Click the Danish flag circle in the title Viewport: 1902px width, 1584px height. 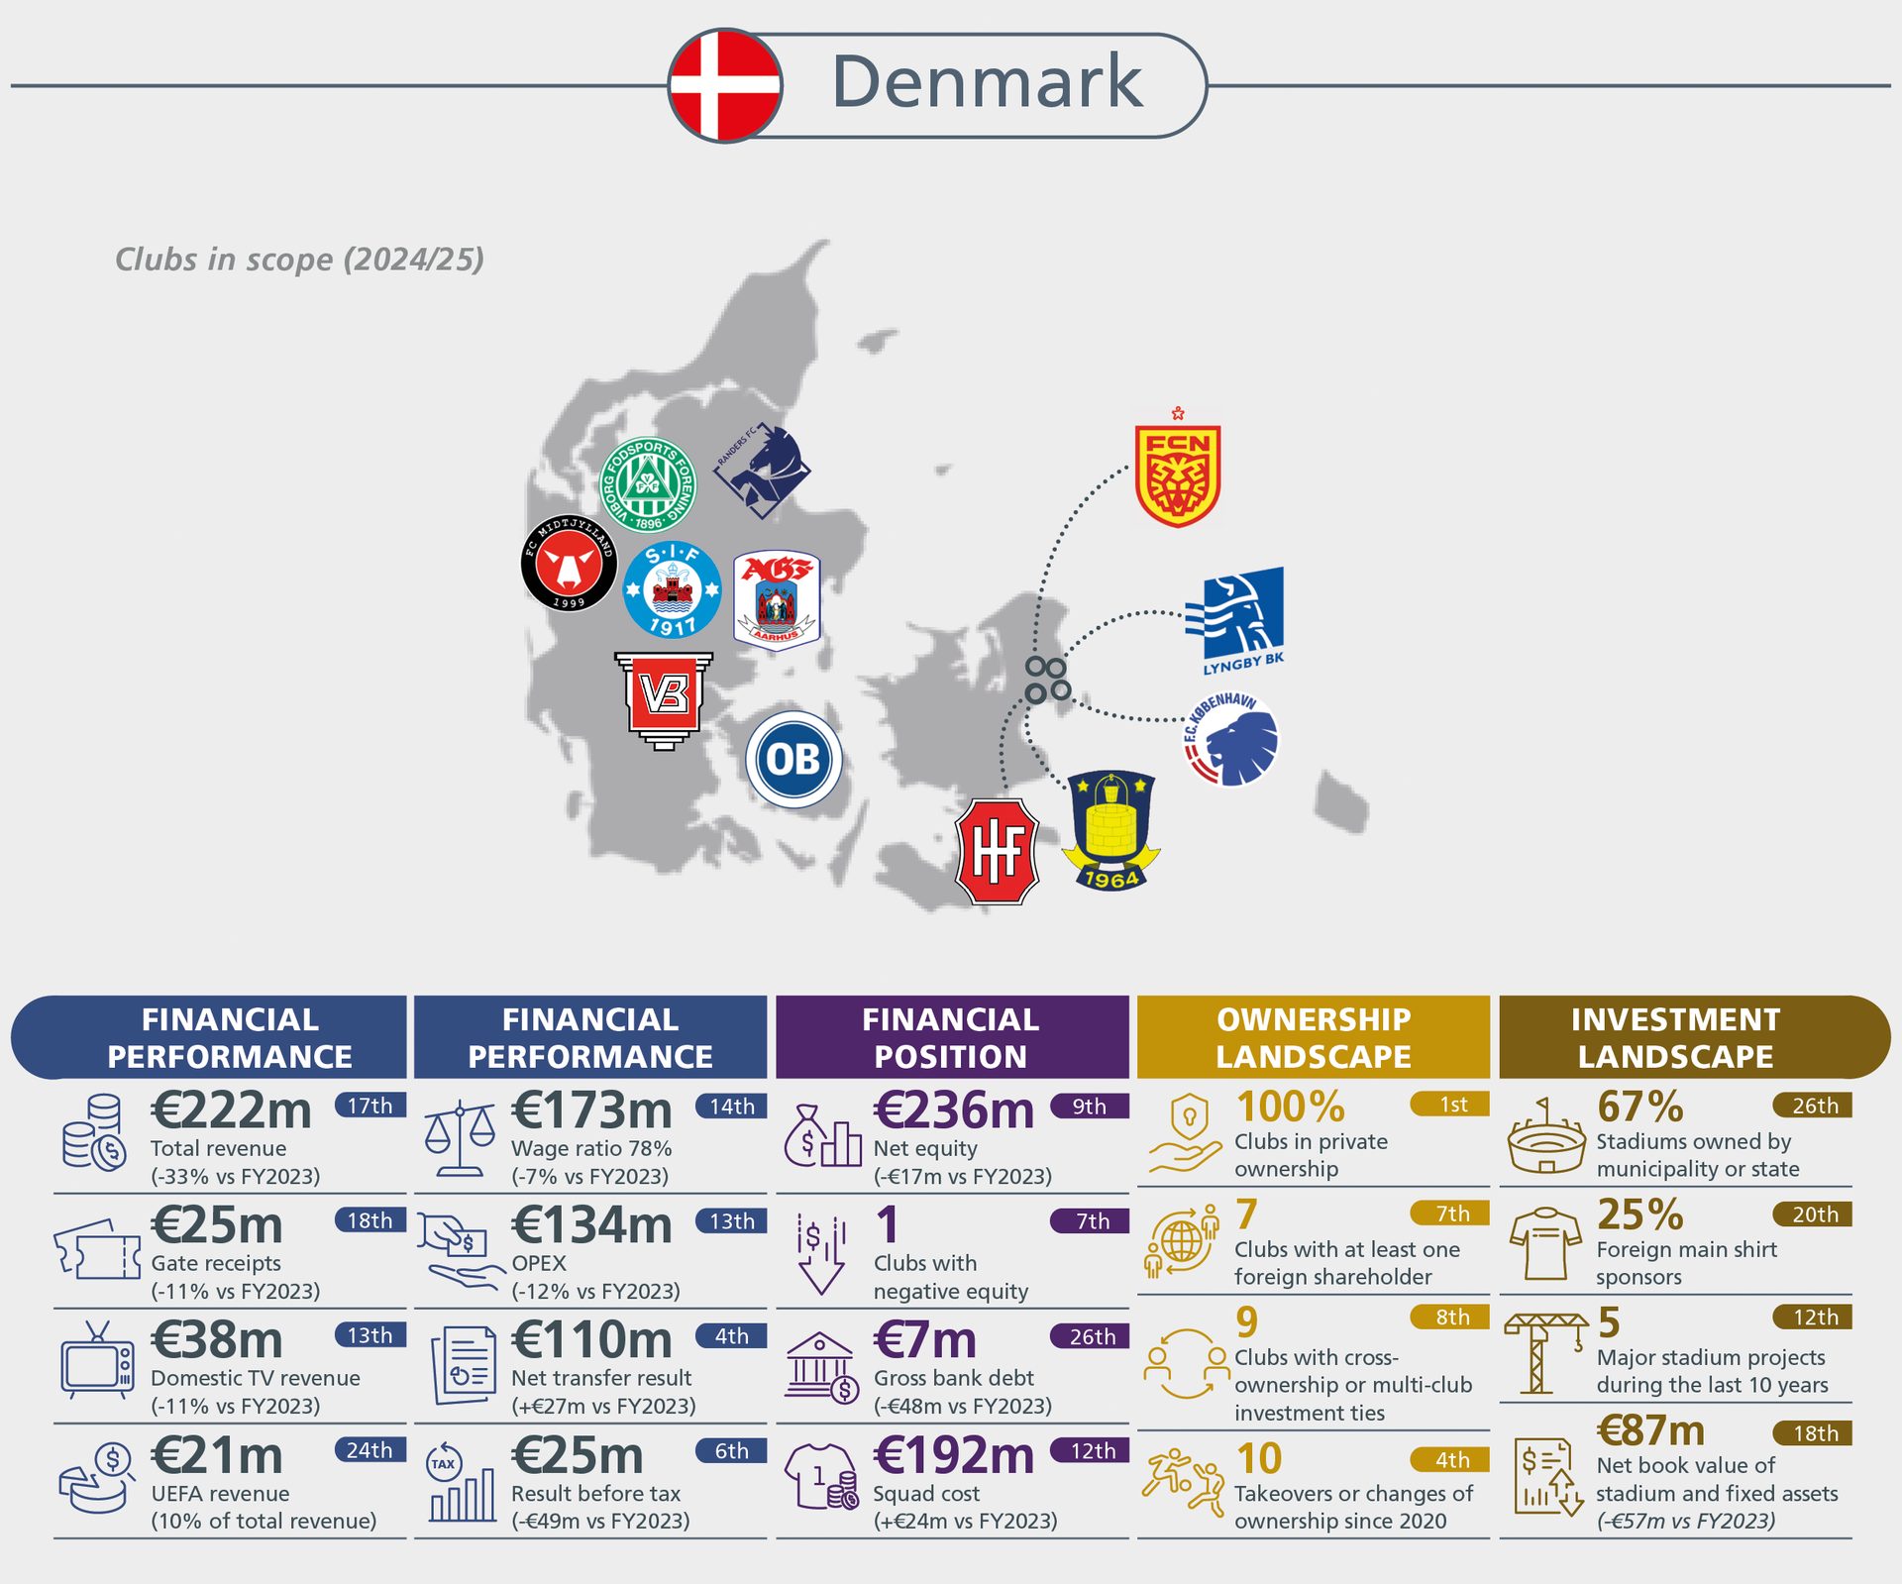[x=725, y=85]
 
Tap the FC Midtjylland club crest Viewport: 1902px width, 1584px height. [x=569, y=563]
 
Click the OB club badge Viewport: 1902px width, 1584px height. [x=793, y=760]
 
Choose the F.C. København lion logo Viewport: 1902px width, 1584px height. [x=1231, y=739]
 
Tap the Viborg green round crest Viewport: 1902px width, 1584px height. [x=649, y=484]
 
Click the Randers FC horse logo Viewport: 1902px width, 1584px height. [x=763, y=470]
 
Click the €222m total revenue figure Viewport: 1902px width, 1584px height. [x=231, y=1110]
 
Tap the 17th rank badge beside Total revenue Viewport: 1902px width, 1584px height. [x=370, y=1106]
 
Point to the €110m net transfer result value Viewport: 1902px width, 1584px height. [x=591, y=1340]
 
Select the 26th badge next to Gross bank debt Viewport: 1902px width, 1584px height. [x=1092, y=1336]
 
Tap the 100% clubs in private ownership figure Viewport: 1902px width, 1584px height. [x=1290, y=1108]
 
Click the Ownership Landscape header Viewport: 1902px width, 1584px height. [x=1314, y=1037]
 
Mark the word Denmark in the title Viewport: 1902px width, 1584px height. [x=987, y=82]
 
